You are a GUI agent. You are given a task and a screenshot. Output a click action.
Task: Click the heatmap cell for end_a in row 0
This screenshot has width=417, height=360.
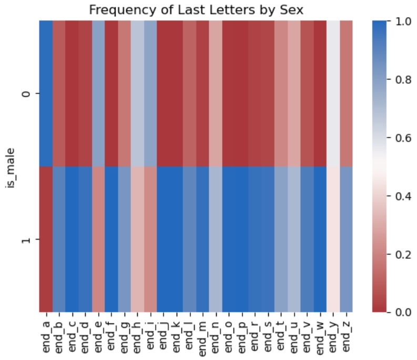46,94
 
